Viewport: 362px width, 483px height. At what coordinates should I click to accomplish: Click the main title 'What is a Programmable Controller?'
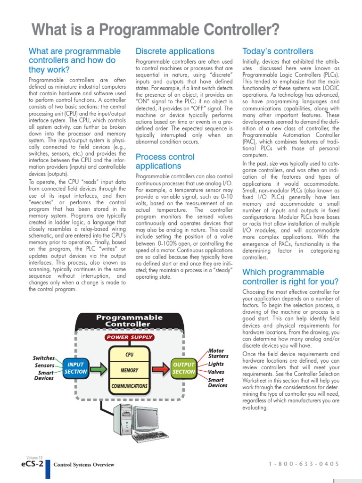tap(155, 30)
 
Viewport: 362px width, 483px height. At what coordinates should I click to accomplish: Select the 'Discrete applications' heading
tap(174, 51)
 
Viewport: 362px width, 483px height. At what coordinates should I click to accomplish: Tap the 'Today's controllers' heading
tap(277, 51)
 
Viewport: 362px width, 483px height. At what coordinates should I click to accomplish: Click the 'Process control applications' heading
tap(165, 161)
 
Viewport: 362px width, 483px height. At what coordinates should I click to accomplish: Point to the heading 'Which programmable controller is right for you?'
tap(290, 277)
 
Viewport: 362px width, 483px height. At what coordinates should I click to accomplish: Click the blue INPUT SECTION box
tap(75, 368)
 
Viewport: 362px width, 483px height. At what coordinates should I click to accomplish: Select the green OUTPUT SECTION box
tap(184, 368)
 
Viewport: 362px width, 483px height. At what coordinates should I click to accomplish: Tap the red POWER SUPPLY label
tap(129, 337)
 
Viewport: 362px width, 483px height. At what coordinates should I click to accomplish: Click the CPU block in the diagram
tap(129, 354)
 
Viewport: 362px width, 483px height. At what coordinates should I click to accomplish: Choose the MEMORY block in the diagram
tap(129, 370)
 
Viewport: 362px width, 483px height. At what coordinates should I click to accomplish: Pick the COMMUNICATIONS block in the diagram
tap(129, 386)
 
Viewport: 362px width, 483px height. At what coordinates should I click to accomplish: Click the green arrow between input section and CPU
tap(99, 368)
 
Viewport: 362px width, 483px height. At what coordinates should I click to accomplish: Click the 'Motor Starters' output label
tap(218, 353)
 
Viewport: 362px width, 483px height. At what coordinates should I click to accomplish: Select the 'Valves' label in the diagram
tap(216, 372)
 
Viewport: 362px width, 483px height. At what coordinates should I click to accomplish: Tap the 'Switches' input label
tap(43, 358)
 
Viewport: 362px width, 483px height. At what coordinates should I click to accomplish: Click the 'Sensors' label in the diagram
tap(44, 366)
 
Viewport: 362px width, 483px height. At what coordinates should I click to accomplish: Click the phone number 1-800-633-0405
tap(304, 464)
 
